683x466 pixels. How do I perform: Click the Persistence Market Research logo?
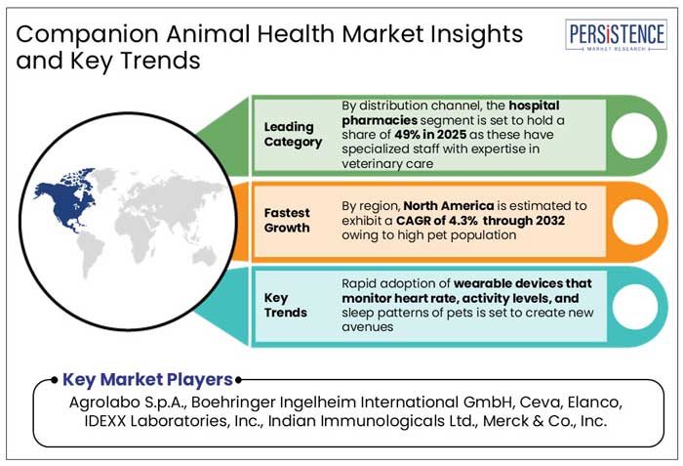(x=617, y=38)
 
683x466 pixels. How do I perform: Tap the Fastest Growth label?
(x=286, y=219)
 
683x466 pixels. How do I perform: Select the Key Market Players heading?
(x=147, y=379)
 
